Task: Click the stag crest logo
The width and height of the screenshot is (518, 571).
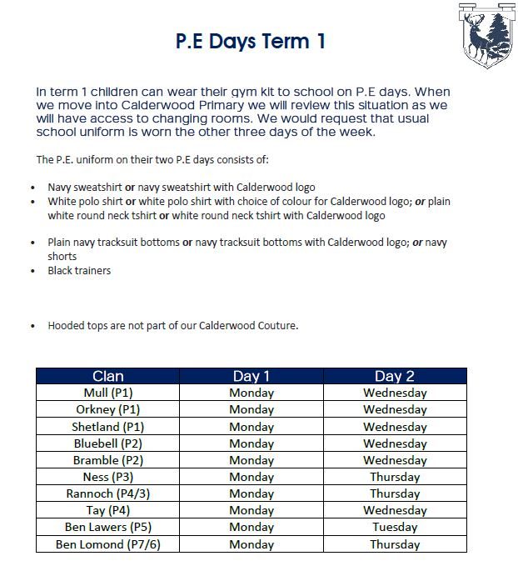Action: [x=487, y=34]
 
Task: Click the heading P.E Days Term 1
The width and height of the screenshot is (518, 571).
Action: [x=250, y=42]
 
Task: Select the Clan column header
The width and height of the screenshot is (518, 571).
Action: [x=108, y=377]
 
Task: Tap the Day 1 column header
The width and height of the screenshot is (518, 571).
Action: [x=252, y=377]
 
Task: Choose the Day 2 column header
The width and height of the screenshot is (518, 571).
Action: [x=395, y=377]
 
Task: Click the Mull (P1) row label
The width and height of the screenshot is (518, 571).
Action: [x=108, y=393]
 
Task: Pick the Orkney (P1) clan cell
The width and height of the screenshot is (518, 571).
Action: [x=108, y=409]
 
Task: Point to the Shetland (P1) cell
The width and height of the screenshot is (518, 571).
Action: [x=108, y=427]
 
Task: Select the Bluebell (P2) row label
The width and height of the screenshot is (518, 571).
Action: [x=108, y=443]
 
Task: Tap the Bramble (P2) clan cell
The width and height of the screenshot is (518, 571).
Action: [x=108, y=460]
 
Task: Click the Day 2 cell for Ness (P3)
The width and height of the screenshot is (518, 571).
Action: [x=395, y=477]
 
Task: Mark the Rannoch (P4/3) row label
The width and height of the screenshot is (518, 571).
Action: [x=108, y=493]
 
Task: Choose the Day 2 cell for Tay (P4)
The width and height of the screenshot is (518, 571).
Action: [x=395, y=510]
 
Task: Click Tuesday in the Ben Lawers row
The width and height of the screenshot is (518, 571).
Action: [x=395, y=527]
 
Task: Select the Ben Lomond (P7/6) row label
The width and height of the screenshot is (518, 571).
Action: [x=108, y=544]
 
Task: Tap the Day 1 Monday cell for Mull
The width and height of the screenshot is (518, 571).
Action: [x=252, y=393]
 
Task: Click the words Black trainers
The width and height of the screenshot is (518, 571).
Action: [x=79, y=271]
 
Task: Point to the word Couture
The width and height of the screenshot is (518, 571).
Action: [x=275, y=326]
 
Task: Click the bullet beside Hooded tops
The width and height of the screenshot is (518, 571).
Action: [x=32, y=327]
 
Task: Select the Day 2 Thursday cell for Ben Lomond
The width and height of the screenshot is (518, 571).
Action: [x=395, y=544]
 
